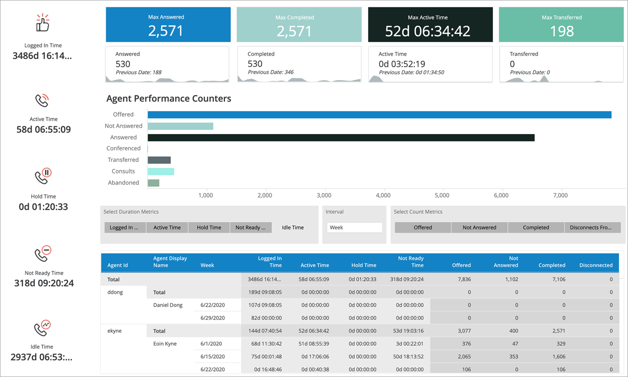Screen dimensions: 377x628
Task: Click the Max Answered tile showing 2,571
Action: coord(168,25)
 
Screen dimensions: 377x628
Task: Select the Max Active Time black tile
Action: coord(430,25)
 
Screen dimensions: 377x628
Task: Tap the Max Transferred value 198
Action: coord(561,31)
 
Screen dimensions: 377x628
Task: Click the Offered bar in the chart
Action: coord(379,115)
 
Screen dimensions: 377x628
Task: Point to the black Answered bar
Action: coord(341,137)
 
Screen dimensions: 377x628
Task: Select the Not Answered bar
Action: coord(180,126)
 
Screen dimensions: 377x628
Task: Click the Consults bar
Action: coord(161,171)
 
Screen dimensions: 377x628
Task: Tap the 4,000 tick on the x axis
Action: coord(383,195)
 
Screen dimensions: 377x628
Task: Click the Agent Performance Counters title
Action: coord(169,99)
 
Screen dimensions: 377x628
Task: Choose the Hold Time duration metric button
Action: coord(209,228)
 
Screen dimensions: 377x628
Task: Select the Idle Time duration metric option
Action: coord(293,228)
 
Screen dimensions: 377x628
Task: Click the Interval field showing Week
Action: coord(355,228)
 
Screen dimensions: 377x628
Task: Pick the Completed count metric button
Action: coord(536,228)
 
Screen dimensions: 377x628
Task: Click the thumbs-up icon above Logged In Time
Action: coord(43,23)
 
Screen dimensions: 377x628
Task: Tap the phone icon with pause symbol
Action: coord(43,175)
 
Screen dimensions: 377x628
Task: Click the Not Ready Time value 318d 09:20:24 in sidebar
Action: coord(44,283)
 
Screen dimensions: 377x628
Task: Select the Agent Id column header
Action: coord(118,265)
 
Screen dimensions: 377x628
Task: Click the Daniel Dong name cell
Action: coord(168,305)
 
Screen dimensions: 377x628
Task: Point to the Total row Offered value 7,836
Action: coord(462,279)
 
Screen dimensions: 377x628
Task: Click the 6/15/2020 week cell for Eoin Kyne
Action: coord(213,357)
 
